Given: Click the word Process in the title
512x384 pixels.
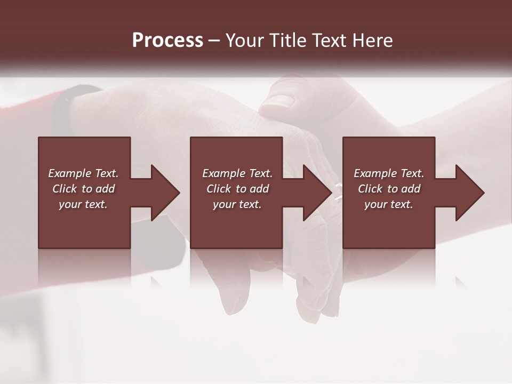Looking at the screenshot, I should pyautogui.click(x=167, y=40).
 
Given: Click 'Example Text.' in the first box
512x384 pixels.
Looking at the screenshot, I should pyautogui.click(x=83, y=173).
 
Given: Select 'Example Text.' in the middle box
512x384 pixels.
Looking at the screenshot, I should pyautogui.click(x=237, y=173).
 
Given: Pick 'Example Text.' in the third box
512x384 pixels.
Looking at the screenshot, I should pyautogui.click(x=389, y=173).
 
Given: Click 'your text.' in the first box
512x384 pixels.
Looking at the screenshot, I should pyautogui.click(x=83, y=204).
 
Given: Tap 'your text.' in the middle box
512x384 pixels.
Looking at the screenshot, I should pyautogui.click(x=237, y=204).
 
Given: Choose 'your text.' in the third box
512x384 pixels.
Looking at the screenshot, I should pyautogui.click(x=389, y=204).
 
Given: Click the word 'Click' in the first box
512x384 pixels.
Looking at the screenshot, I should pyautogui.click(x=65, y=189).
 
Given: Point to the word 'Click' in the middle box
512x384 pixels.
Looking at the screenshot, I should pyautogui.click(x=219, y=189).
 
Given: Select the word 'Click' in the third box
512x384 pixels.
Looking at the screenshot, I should pyautogui.click(x=370, y=189).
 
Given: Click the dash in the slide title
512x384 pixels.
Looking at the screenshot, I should pyautogui.click(x=214, y=41).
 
